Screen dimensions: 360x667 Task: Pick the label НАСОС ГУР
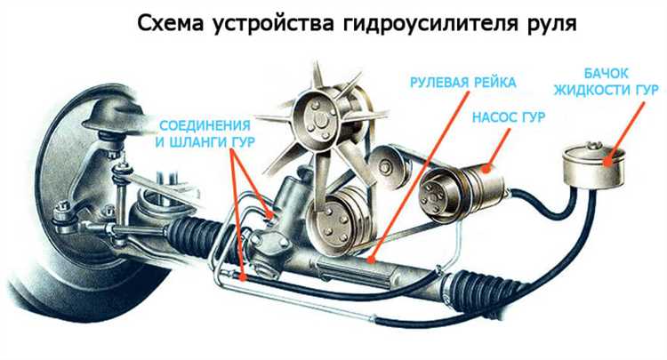[x=508, y=116]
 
